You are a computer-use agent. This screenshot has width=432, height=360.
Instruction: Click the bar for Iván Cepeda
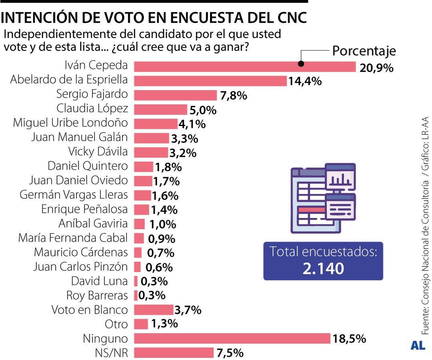244,66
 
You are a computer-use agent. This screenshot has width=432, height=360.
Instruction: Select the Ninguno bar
232,338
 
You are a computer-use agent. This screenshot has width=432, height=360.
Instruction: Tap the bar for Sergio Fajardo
175,95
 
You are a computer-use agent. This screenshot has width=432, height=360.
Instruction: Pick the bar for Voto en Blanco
153,310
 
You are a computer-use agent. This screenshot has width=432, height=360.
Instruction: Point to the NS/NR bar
174,353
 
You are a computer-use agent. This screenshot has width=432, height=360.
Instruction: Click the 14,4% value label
305,81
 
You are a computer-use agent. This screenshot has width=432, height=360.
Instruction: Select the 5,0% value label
203,110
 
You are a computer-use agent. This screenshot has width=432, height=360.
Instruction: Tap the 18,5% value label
349,339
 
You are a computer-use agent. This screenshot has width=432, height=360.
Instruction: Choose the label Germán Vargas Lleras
74,195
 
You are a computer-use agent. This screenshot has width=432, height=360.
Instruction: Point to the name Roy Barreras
97,296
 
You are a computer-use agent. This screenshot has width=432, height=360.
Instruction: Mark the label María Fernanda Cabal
73,238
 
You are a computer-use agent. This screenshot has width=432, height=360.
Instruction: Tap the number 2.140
323,268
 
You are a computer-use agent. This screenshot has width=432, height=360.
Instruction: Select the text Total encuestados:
323,252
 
